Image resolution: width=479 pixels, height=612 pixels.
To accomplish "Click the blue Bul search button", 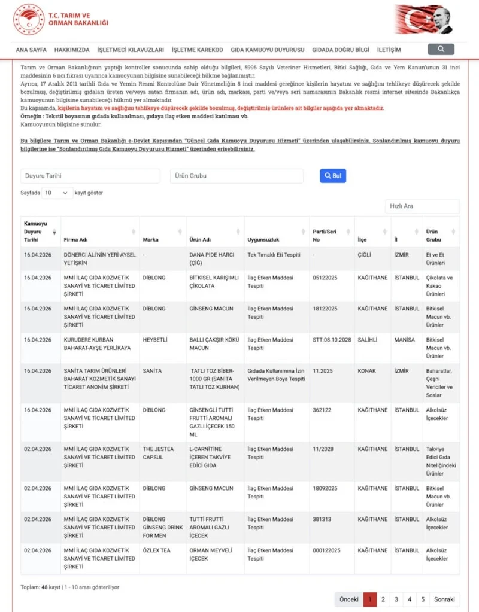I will (x=333, y=176).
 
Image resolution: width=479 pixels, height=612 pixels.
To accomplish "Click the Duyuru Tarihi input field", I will (x=90, y=176).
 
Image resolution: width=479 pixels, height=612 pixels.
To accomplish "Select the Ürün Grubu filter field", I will (x=237, y=176).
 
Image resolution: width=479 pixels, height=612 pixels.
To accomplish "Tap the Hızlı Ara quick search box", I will (x=422, y=206).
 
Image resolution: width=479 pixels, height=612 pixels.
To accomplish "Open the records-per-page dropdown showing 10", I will (x=57, y=193).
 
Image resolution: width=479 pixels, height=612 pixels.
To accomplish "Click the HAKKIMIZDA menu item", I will (x=72, y=50).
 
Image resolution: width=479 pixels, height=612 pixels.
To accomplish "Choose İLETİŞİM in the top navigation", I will (x=389, y=50).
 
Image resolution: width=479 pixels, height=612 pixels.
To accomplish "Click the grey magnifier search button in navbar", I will (x=441, y=49).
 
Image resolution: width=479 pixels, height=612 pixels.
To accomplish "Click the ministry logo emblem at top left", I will (x=29, y=19).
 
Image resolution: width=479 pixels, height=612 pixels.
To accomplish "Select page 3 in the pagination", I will (x=396, y=599).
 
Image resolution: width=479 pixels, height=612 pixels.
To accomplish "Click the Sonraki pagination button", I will (x=444, y=599).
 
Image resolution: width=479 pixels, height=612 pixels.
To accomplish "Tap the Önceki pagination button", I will (x=348, y=599).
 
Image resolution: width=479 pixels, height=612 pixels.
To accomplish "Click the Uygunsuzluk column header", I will (x=264, y=239).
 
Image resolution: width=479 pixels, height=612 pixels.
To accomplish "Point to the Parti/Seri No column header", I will (x=325, y=235).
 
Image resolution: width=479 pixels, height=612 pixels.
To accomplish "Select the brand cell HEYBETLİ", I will (x=155, y=340).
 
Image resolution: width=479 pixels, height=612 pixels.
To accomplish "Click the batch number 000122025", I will (x=326, y=550).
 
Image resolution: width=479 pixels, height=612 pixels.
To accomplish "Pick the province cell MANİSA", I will (x=404, y=340).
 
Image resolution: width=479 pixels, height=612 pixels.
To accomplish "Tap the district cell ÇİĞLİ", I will (x=364, y=255).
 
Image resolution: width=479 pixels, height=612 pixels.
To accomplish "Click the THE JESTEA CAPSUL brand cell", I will (x=157, y=453).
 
